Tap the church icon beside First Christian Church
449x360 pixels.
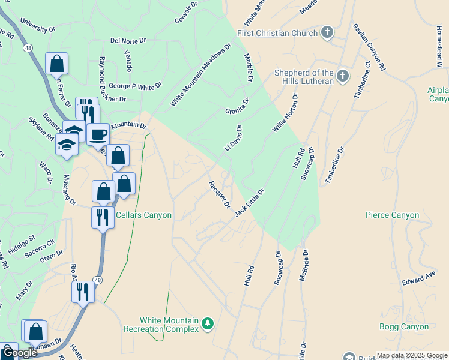click(x=327, y=32)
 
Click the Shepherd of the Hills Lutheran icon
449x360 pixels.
click(x=343, y=76)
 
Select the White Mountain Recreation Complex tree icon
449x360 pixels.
click(x=208, y=324)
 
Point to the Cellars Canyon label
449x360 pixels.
click(x=143, y=215)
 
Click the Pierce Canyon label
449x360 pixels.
click(x=392, y=215)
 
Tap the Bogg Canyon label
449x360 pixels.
click(x=404, y=327)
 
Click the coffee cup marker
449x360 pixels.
click(x=98, y=134)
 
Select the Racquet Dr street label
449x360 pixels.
click(x=219, y=194)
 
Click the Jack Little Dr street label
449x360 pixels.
click(x=250, y=203)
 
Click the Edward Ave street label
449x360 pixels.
click(x=418, y=278)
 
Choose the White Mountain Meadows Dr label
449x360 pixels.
click(x=200, y=75)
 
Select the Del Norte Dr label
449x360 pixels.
click(x=128, y=41)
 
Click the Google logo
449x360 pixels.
click(x=19, y=353)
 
